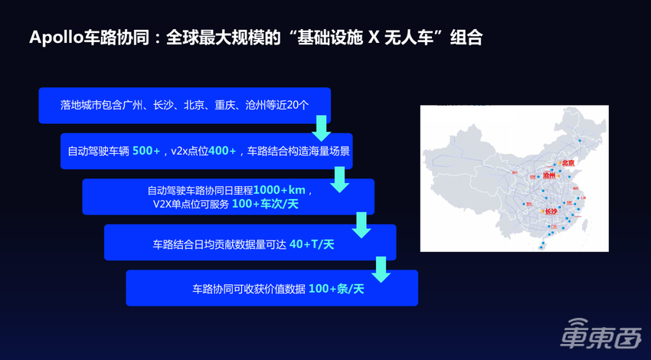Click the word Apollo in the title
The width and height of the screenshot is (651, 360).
[x=55, y=38]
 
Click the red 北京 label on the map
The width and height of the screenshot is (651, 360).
[x=568, y=162]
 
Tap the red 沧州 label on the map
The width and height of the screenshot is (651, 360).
[x=548, y=175]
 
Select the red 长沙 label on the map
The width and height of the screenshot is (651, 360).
[x=551, y=211]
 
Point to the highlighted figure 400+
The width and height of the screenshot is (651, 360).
[x=222, y=151]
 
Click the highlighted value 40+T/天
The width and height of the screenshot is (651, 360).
[x=312, y=245]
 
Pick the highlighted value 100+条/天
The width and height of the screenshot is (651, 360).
[x=336, y=289]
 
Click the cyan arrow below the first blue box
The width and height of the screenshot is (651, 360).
[x=322, y=127]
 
